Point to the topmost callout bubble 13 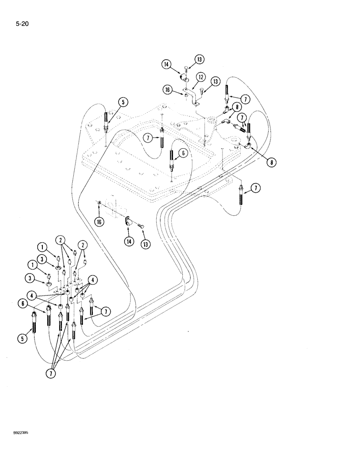coord(200,59)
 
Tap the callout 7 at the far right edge coord(255,188)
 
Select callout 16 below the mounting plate coord(98,222)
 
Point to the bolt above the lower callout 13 coord(141,226)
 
